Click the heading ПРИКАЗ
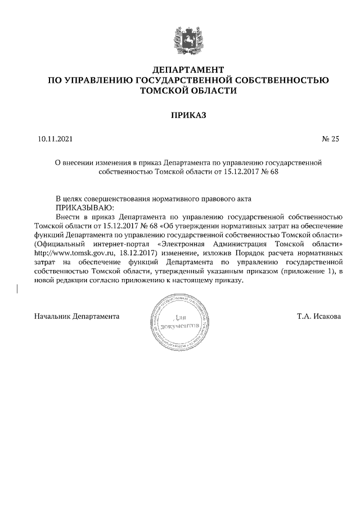point(188,115)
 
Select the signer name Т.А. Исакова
point(318,316)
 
